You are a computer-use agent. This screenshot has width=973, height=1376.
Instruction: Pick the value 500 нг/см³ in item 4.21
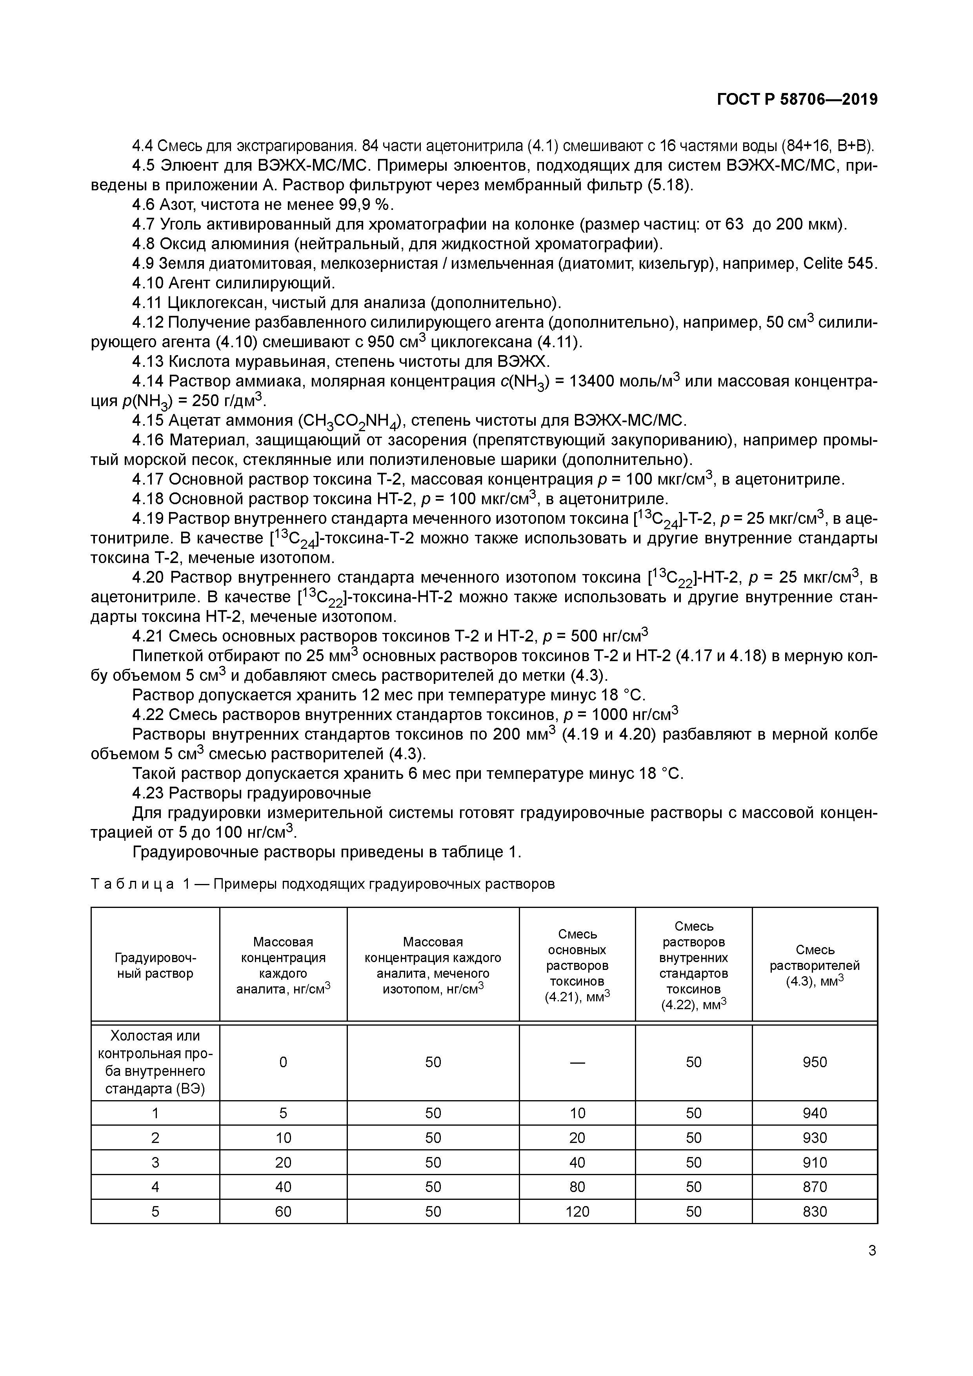click(x=605, y=636)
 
